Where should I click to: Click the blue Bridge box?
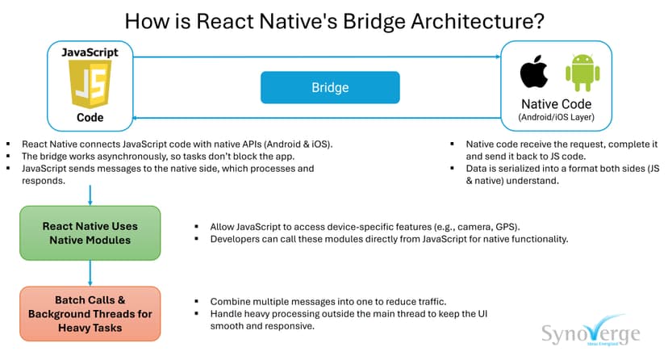330,87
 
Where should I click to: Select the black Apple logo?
533,73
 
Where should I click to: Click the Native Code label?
556,104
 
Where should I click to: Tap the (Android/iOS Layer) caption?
556,118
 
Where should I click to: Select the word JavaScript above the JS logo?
90,52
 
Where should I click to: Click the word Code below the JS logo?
90,117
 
